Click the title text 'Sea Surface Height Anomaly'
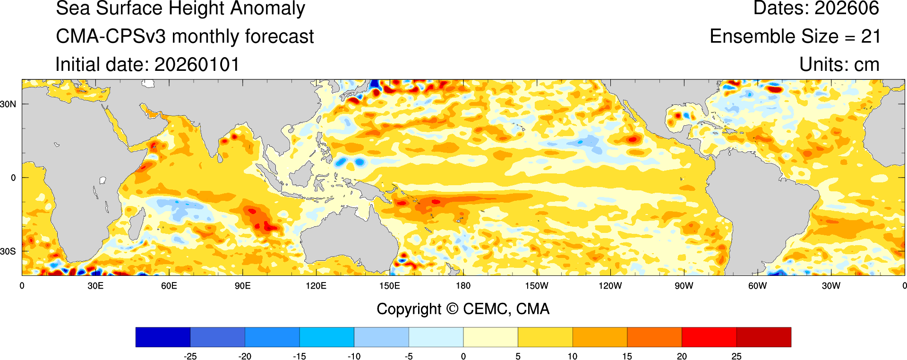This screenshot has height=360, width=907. (180, 9)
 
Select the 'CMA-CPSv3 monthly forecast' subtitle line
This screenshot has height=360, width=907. (185, 36)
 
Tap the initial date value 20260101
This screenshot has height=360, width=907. (197, 65)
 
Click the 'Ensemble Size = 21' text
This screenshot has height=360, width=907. (795, 36)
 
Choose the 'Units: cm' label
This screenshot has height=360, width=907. (839, 65)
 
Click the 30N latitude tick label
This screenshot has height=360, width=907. (8, 104)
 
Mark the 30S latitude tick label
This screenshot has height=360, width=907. (8, 251)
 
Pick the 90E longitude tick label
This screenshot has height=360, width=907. (242, 286)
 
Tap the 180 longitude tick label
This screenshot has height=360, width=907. (463, 286)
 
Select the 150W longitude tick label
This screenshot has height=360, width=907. (537, 286)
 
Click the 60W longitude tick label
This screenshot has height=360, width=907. (757, 286)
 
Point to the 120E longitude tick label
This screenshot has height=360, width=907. (316, 286)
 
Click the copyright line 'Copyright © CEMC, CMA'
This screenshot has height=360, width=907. (463, 309)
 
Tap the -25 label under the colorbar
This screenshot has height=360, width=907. (190, 356)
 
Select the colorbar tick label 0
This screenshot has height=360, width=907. (463, 356)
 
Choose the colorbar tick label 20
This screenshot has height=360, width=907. (682, 356)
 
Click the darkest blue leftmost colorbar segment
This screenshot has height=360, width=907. (163, 337)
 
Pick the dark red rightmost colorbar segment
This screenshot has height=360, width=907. (763, 337)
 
